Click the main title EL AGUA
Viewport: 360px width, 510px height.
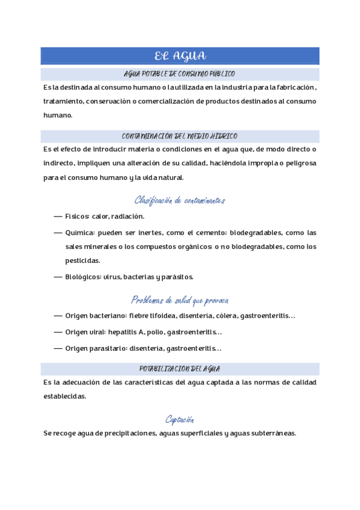180,57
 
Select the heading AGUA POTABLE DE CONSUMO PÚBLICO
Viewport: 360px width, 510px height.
179,74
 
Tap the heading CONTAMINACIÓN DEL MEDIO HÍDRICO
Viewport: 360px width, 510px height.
180,136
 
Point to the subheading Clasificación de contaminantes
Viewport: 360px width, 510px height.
180,200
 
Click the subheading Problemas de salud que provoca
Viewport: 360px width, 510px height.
180,300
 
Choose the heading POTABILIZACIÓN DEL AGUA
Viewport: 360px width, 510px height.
180,368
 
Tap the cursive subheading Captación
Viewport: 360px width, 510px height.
180,419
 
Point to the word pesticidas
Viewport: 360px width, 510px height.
83,261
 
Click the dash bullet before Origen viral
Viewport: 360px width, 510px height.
58,332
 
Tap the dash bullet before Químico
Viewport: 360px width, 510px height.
58,233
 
